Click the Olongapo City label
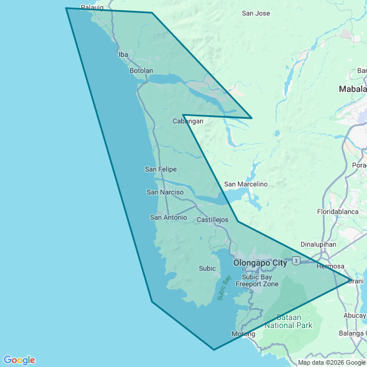(260, 263)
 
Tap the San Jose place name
(256, 13)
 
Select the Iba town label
(123, 54)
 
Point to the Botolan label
(141, 71)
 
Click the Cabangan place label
(188, 121)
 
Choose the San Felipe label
(161, 169)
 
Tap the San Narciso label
(165, 192)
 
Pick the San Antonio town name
(169, 217)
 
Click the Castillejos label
(212, 220)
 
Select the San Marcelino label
(245, 184)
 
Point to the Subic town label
(207, 268)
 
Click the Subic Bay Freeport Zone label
(260, 280)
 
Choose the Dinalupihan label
(318, 244)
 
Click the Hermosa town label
(330, 266)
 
